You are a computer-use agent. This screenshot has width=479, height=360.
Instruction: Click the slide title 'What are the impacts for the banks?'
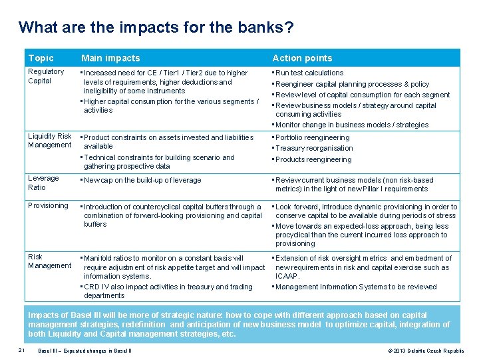click(x=156, y=28)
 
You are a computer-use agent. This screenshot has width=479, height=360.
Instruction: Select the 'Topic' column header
click(x=41, y=58)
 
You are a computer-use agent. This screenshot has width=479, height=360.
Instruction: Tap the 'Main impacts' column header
click(x=110, y=58)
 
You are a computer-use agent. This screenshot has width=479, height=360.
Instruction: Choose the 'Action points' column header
click(x=302, y=58)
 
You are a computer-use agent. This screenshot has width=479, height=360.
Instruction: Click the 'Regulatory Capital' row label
click(x=46, y=76)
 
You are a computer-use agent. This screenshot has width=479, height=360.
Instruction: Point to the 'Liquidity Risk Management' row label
click(x=49, y=141)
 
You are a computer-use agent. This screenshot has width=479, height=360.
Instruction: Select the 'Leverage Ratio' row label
click(x=43, y=183)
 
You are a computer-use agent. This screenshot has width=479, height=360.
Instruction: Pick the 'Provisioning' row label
click(x=48, y=205)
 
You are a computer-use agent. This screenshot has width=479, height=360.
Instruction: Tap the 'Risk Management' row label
click(x=49, y=261)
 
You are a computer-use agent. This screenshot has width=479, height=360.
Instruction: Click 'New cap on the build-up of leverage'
click(x=142, y=180)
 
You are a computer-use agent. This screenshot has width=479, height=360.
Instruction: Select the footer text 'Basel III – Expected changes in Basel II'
click(x=84, y=351)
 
